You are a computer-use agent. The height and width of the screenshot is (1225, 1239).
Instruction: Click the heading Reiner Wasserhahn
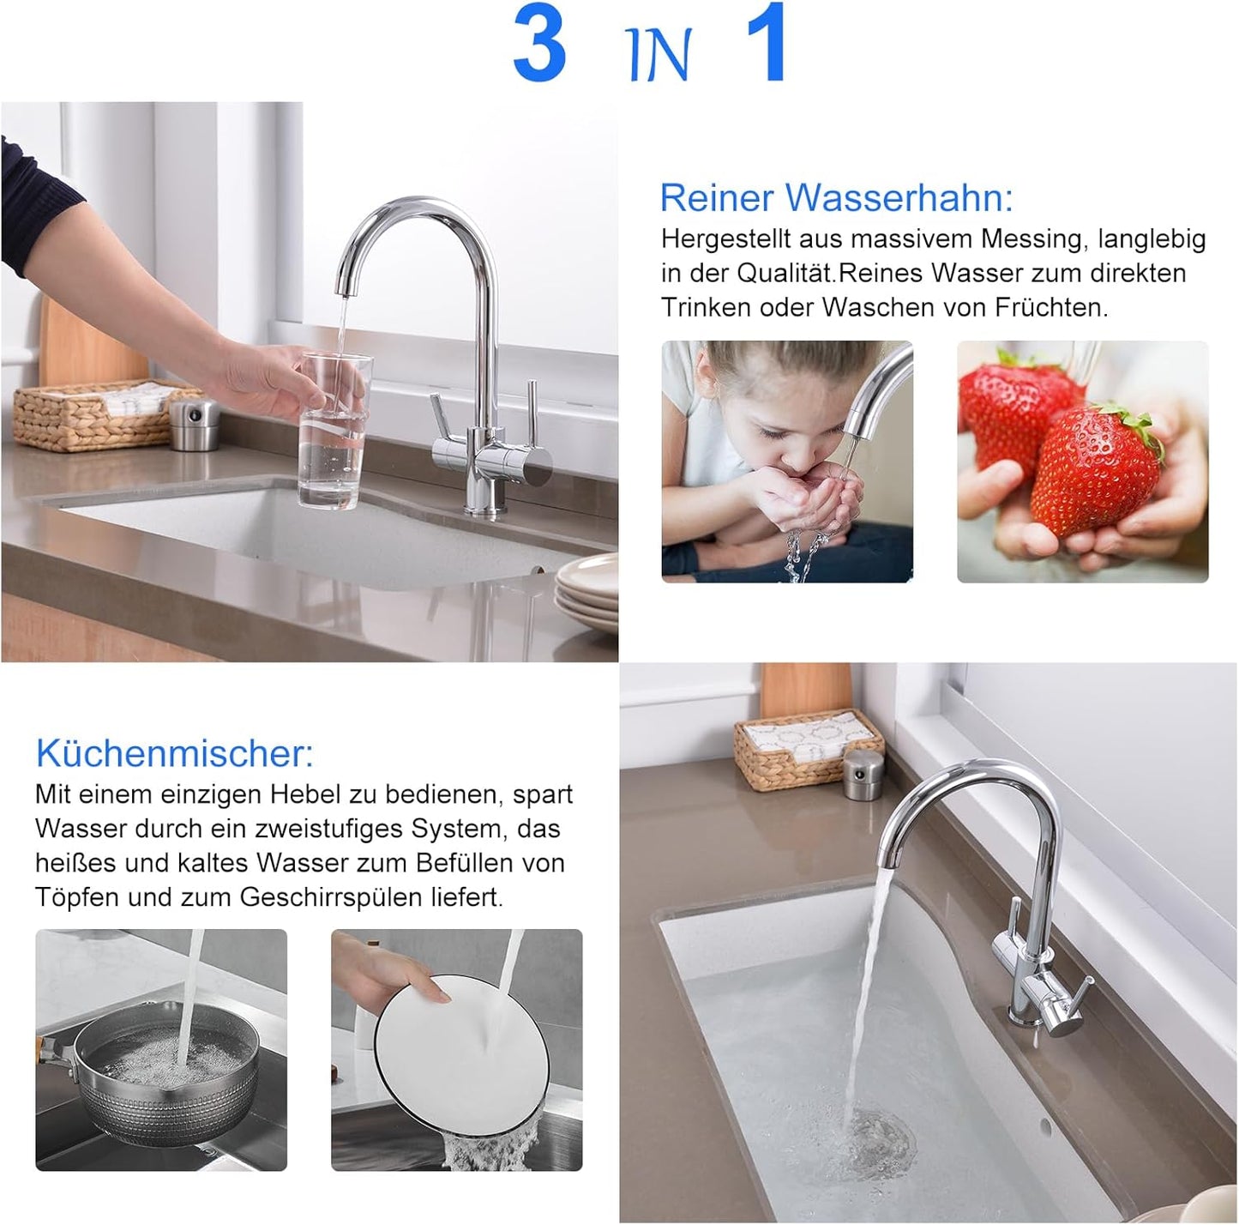tap(836, 197)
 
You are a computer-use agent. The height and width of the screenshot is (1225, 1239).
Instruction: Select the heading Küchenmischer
tap(175, 753)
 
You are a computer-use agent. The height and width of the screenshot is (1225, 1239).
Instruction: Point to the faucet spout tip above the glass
tap(344, 287)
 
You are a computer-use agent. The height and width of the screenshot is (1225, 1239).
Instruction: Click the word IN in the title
tap(659, 55)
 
